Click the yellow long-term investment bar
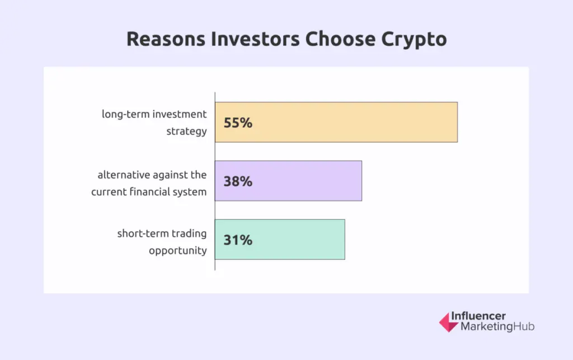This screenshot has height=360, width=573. tap(336, 122)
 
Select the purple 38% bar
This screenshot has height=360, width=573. tap(288, 181)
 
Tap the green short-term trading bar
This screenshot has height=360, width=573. tap(280, 240)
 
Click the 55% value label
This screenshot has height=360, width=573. tap(238, 123)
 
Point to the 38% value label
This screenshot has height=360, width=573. tap(238, 181)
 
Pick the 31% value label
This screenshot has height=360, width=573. tap(238, 240)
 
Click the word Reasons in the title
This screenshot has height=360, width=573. tap(166, 39)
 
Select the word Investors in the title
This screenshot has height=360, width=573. tap(255, 39)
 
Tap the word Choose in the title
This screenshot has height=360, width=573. tap(340, 39)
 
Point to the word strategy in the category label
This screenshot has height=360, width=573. tap(186, 131)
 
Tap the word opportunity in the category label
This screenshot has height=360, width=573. tap(177, 251)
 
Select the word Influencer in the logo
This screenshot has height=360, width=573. tap(478, 316)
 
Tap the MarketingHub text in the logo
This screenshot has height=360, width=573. tap(497, 327)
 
